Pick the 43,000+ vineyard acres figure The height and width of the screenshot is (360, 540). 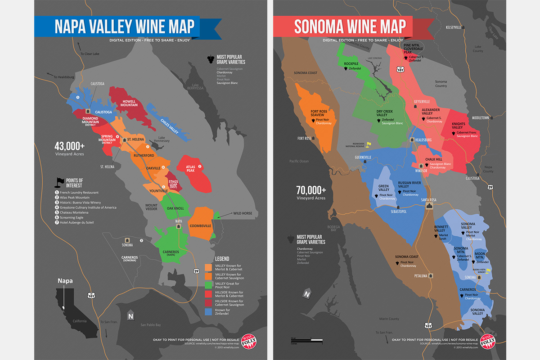tap(69, 146)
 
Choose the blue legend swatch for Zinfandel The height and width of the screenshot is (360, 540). tap(208, 311)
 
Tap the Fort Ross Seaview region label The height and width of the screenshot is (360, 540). tap(320, 113)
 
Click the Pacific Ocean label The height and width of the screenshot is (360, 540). tap(299, 161)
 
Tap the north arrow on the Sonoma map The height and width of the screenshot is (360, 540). tap(307, 294)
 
